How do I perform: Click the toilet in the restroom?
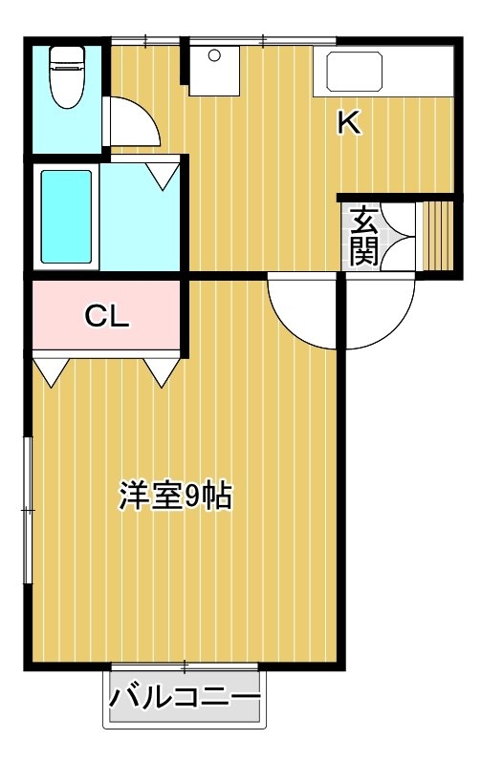[68, 77]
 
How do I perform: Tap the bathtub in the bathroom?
[67, 217]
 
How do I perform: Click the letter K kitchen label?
[349, 122]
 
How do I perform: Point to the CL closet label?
[107, 316]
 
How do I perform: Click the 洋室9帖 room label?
[175, 496]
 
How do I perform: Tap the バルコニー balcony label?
[185, 698]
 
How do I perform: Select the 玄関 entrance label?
[364, 236]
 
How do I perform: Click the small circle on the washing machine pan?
[214, 55]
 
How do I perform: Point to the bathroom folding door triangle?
[163, 176]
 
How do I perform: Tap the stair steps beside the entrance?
[437, 236]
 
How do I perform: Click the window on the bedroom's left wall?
[28, 510]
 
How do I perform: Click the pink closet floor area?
[106, 315]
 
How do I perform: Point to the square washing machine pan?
[214, 71]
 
